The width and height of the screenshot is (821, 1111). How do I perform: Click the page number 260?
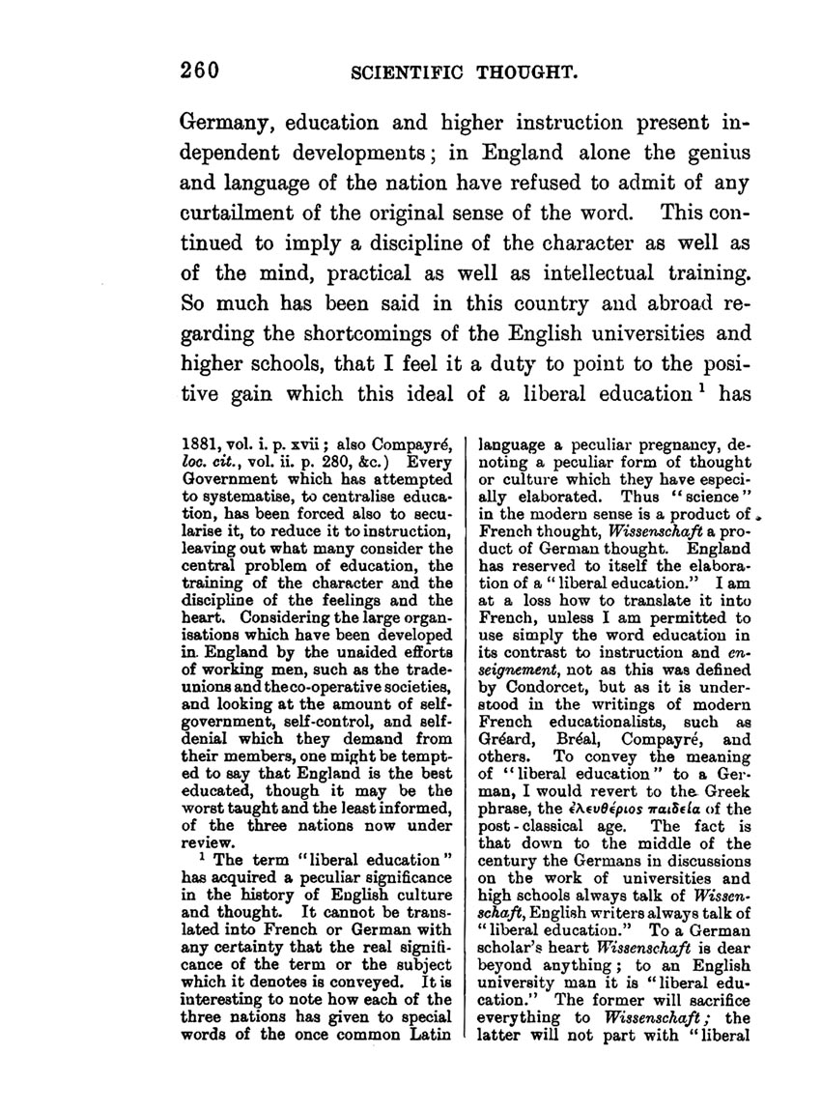click(x=201, y=70)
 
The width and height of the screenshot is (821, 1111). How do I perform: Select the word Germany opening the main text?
click(x=226, y=125)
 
